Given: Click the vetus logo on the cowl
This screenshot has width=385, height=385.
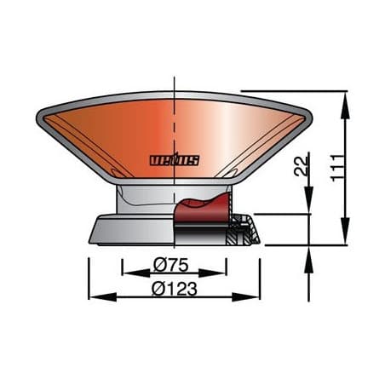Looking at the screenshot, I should (174, 159).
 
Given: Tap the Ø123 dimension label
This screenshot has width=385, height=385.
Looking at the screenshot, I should (175, 289).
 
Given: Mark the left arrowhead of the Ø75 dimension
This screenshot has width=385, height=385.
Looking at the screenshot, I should (128, 273).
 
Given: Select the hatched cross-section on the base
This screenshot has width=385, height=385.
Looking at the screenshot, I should (242, 231).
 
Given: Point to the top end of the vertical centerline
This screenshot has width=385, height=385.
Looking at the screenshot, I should (175, 78).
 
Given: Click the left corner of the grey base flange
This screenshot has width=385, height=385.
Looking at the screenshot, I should (92, 238).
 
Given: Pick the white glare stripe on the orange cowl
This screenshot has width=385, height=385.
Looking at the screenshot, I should (223, 136).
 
